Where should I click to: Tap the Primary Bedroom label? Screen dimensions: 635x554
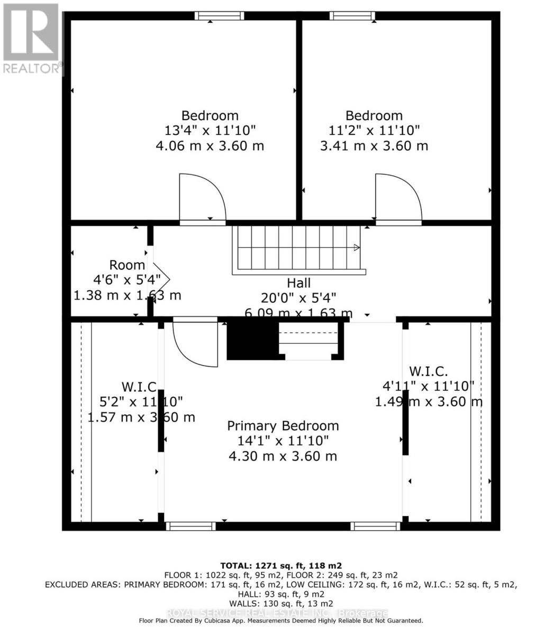(x=283, y=426)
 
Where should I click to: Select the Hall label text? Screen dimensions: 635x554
(x=298, y=283)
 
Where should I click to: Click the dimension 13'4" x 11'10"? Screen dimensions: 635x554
(x=210, y=130)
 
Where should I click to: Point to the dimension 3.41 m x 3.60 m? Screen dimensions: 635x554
(x=374, y=146)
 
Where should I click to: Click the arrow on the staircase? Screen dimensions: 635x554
(x=356, y=248)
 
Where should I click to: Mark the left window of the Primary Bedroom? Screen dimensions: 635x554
(x=190, y=526)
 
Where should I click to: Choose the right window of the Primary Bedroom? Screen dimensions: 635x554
(x=375, y=526)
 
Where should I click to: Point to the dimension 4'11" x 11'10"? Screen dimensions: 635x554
(x=429, y=386)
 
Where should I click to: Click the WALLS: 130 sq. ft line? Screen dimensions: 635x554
(x=281, y=603)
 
